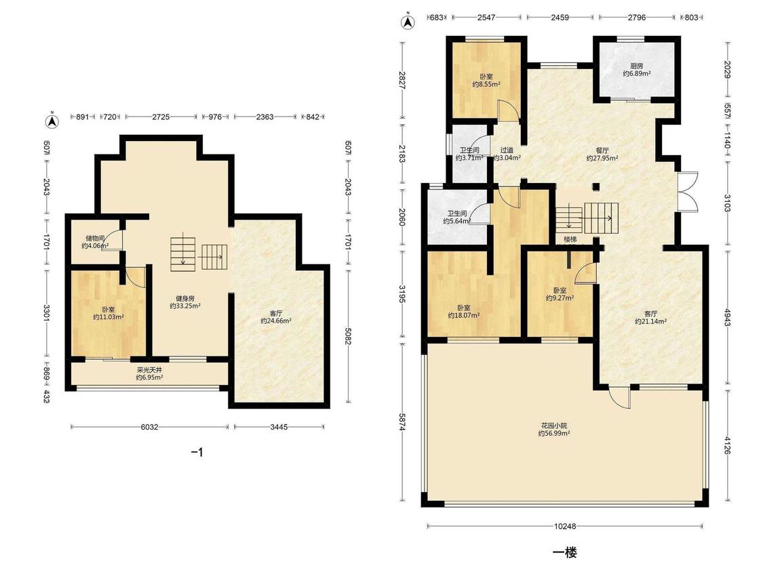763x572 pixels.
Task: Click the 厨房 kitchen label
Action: pos(636,66)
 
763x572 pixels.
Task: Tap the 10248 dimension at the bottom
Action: pos(565,526)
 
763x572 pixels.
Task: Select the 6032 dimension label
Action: pos(149,427)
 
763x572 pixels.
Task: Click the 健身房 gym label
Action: pos(185,298)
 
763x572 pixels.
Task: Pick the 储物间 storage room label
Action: pos(95,239)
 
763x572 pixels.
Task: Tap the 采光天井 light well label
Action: pos(149,369)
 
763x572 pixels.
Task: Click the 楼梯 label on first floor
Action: pos(570,239)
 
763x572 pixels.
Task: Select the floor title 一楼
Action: pos(565,552)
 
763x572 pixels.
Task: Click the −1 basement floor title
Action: pos(197,452)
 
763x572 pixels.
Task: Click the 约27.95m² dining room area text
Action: pos(602,158)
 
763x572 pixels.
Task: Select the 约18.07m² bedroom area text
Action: pos(464,315)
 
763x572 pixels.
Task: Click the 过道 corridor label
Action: pos(507,150)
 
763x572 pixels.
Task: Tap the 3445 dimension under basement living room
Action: pos(279,427)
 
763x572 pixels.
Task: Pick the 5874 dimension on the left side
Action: pos(402,422)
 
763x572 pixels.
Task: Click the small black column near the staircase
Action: pos(595,186)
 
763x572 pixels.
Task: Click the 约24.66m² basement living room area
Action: pos(276,321)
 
